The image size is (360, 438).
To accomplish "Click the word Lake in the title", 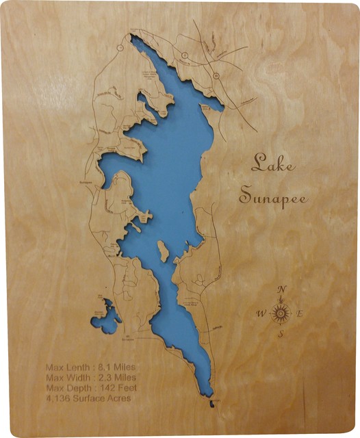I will click(269, 163).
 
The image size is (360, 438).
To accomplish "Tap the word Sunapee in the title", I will click(272, 196).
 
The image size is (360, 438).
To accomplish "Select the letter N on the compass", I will click(281, 289).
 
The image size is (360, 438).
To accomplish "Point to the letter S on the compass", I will click(281, 335).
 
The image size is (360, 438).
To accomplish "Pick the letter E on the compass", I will click(302, 313).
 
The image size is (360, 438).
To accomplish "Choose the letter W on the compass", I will click(260, 314).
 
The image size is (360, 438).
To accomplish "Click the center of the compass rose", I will click(281, 313).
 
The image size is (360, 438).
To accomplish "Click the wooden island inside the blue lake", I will click(163, 253).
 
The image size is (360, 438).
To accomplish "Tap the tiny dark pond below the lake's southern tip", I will click(211, 404).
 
